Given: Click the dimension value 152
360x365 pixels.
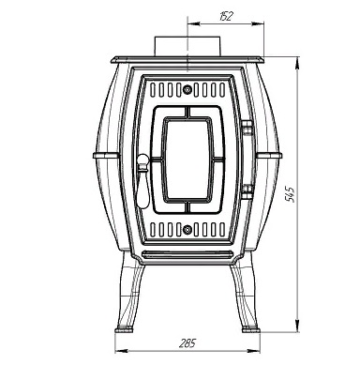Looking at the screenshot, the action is (x=226, y=16).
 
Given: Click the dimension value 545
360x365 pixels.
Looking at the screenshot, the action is (x=291, y=194).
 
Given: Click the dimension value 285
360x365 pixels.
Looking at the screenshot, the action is (x=187, y=343).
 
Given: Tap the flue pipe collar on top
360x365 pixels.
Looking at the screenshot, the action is (x=187, y=46).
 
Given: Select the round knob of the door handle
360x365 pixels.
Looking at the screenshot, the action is (x=142, y=160).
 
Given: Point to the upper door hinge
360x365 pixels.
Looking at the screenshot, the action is (x=247, y=128).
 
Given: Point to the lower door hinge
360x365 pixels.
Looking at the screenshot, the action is (x=247, y=191).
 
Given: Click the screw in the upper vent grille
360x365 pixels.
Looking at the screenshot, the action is (x=187, y=90).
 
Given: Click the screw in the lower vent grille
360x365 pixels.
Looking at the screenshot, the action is (x=187, y=230).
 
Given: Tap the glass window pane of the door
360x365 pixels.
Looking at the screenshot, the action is (x=187, y=160).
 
